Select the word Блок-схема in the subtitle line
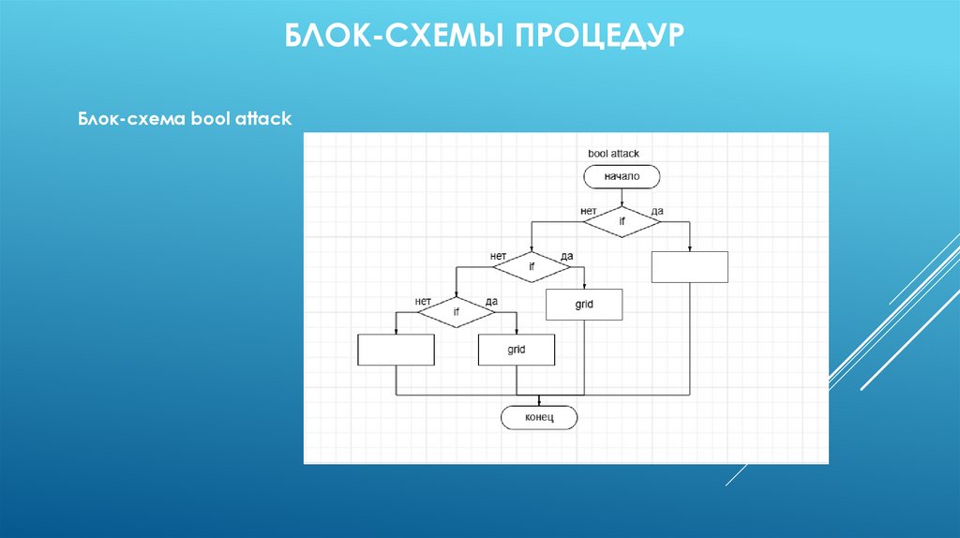click(x=129, y=120)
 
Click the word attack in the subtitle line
click(x=264, y=120)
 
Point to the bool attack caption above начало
click(x=613, y=153)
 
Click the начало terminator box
click(x=622, y=176)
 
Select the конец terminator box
click(x=539, y=417)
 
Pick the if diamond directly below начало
click(x=622, y=222)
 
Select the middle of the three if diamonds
click(x=532, y=267)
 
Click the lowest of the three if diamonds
click(x=457, y=312)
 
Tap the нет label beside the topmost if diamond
click(x=589, y=211)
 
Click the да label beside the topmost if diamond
click(x=656, y=211)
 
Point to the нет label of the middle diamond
click(x=498, y=256)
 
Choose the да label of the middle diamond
click(x=566, y=256)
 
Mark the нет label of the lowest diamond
click(x=423, y=301)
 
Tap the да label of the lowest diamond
click(x=491, y=301)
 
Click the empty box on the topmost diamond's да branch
click(x=690, y=267)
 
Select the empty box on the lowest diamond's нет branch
click(x=397, y=350)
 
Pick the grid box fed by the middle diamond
click(x=584, y=305)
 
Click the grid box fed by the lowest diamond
click(x=517, y=350)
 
